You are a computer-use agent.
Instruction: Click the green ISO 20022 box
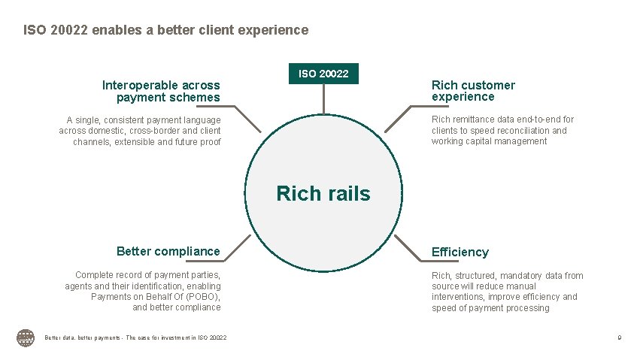pos(323,74)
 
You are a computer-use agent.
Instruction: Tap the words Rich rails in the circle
pos(323,194)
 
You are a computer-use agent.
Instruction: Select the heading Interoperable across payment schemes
pos(161,91)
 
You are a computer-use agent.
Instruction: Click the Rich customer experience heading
pos(473,91)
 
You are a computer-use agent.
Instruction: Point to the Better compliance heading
pos(168,251)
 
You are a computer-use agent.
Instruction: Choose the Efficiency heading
pos(460,252)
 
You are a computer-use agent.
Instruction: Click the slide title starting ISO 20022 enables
pos(165,30)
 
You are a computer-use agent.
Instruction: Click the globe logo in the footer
pos(26,338)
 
